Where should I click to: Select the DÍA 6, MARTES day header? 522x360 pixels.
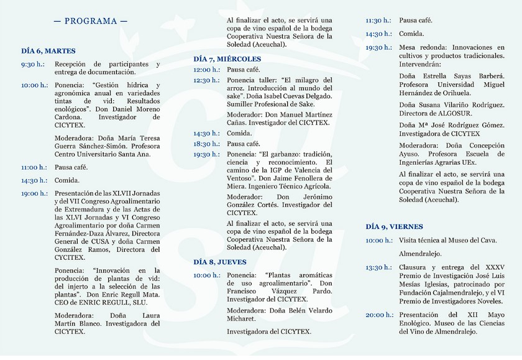tap(48, 51)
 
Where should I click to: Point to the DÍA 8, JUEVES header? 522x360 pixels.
tap(220, 262)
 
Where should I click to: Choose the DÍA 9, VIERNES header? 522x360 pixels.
tap(394, 227)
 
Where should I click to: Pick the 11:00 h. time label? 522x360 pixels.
tap(34, 167)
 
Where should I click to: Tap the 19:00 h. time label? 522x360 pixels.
tap(34, 193)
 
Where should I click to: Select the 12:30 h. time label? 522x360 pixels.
tap(206, 80)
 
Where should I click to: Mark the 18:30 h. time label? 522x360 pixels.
tap(206, 144)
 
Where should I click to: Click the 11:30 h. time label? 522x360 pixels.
tap(378, 21)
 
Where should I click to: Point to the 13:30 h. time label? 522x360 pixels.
tap(378, 267)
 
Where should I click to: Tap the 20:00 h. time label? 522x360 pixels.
tap(378, 315)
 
